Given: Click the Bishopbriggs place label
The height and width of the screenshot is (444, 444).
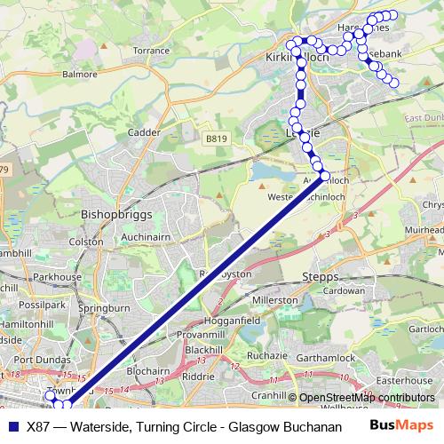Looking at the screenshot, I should click(x=117, y=214).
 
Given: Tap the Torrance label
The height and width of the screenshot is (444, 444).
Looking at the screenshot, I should click(x=151, y=52).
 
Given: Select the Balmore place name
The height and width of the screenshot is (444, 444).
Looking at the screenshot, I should click(x=79, y=74).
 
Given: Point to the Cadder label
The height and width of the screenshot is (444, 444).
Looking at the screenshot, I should click(x=144, y=132).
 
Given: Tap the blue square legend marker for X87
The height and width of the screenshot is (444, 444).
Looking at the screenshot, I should click(x=13, y=425).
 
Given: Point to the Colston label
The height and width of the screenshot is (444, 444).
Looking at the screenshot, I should click(x=87, y=241).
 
